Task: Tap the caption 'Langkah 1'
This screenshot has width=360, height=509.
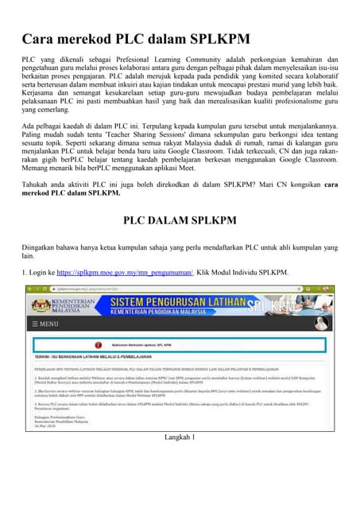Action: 180,460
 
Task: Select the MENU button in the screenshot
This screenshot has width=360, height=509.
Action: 44,324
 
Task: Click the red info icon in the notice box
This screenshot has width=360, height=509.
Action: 98,345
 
